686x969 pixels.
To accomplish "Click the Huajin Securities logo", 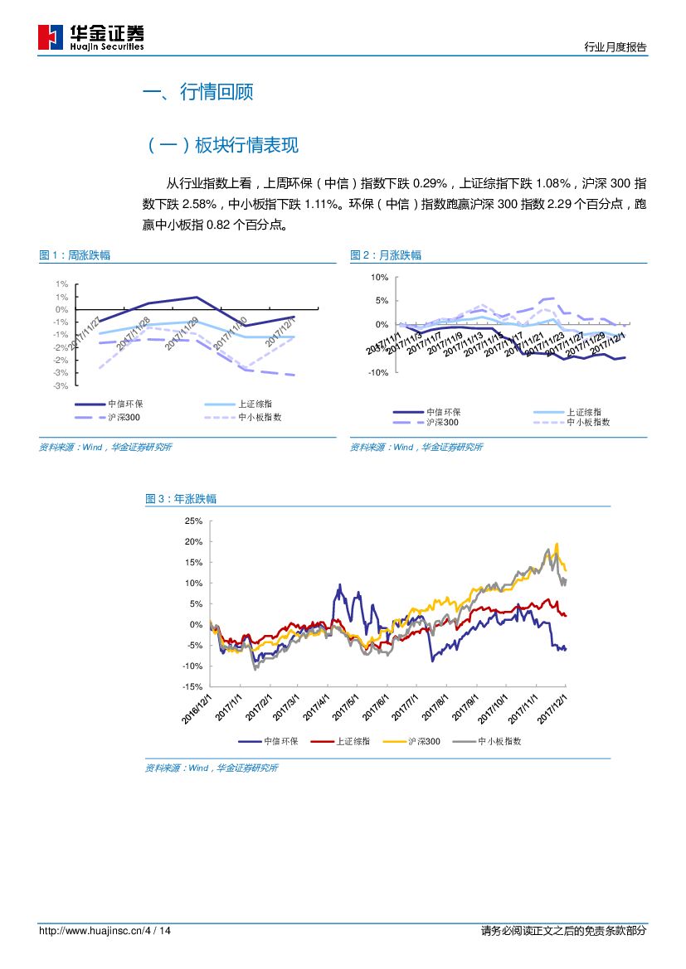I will (x=91, y=37).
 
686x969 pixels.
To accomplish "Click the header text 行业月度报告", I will (x=615, y=47).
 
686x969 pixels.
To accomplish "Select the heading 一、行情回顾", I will (x=198, y=92).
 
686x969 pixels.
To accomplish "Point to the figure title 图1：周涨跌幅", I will (x=75, y=255).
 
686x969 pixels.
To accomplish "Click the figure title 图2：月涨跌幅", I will (x=385, y=255).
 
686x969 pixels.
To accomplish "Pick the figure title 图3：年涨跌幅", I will (x=181, y=499).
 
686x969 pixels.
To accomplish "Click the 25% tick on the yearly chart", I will (x=194, y=521).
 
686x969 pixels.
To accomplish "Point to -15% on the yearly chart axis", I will (x=192, y=687).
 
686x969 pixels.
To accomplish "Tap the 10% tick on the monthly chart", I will (x=379, y=277).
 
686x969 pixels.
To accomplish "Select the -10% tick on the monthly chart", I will (x=377, y=373).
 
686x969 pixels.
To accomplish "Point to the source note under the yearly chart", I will (x=212, y=768).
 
